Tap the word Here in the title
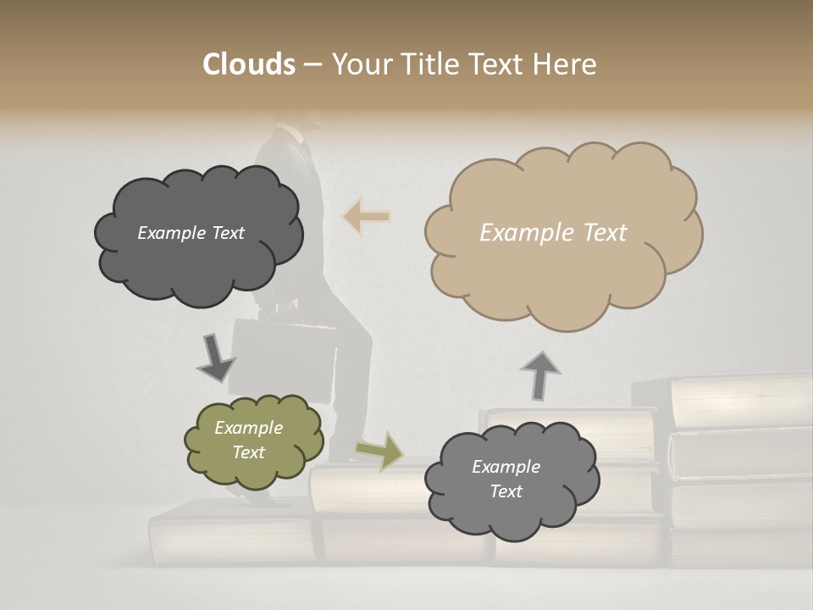coord(567,64)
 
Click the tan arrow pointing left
coord(366,217)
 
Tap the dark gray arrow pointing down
coord(215,357)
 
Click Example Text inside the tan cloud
coord(553,233)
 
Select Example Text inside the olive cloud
coord(248,441)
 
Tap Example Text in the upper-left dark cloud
coord(191,233)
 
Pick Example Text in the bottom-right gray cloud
coord(506,479)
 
